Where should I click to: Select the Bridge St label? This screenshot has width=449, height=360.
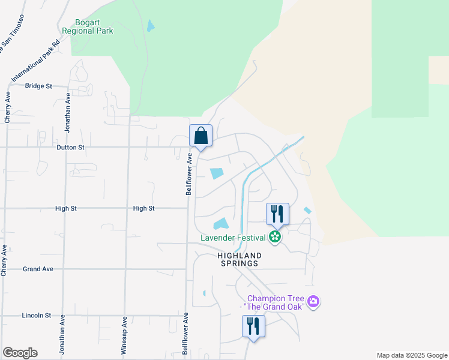(38, 86)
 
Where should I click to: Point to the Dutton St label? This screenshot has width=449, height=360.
(70, 146)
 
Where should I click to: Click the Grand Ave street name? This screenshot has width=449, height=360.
(39, 269)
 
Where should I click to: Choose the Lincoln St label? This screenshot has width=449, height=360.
(36, 315)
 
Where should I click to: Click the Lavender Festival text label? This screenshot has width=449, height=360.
(234, 238)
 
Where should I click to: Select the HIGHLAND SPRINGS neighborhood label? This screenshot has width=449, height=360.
(239, 259)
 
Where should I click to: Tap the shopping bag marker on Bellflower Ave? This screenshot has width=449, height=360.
(201, 136)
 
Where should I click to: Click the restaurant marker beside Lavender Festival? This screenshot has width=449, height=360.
(277, 214)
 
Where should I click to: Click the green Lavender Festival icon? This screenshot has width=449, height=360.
(275, 238)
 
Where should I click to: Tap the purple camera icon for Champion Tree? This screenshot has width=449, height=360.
(312, 301)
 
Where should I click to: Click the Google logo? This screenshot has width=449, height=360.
(20, 353)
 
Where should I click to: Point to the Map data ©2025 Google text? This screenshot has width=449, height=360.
(411, 355)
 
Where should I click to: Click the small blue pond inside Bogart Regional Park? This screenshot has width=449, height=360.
(150, 26)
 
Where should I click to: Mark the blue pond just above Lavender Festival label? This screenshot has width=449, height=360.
(221, 224)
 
